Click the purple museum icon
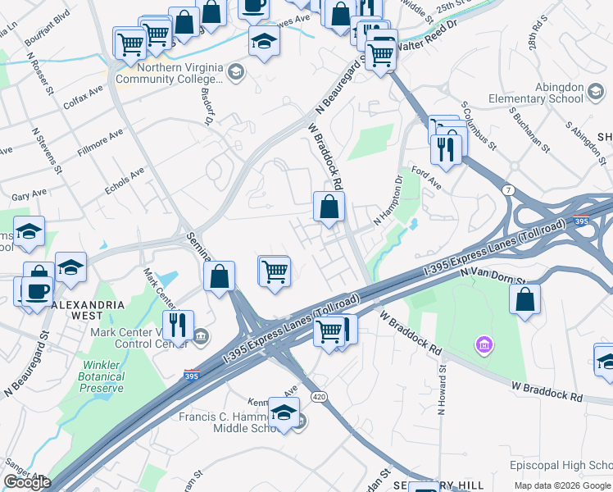coord(484,345)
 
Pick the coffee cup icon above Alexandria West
coord(37,291)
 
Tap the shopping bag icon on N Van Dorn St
coord(524,299)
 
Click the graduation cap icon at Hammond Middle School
coord(284,412)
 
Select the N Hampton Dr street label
coord(388,200)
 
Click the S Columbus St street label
coord(479,125)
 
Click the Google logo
coord(27,482)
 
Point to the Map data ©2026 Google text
coord(561,485)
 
